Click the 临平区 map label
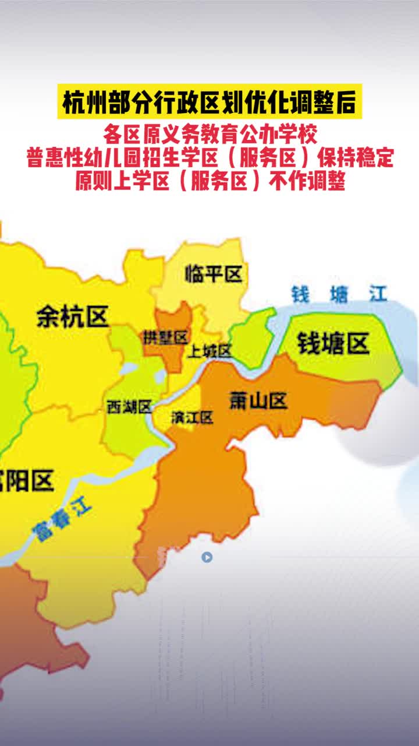[214, 274]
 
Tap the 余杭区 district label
[72, 317]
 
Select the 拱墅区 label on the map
[166, 337]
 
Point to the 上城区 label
[210, 351]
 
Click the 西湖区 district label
[129, 407]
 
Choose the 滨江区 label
[192, 417]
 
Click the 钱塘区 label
[333, 344]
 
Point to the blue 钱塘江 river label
[339, 294]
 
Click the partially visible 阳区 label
[27, 481]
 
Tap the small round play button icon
[207, 557]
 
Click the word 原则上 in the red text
[102, 182]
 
